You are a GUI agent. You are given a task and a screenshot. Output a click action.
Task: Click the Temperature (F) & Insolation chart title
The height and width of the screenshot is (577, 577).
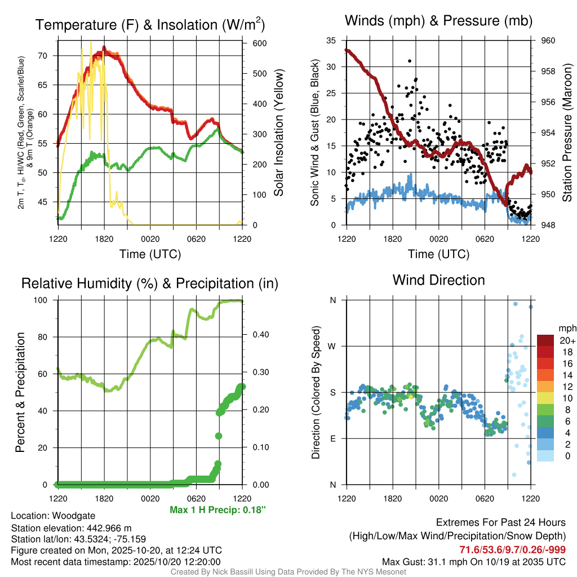click(150, 24)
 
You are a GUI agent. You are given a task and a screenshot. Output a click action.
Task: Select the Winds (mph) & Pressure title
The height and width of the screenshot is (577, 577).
click(439, 21)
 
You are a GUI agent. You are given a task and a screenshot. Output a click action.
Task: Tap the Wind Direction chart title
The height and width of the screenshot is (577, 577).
click(438, 280)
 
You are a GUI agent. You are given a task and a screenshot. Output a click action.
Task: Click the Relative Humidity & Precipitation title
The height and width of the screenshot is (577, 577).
click(150, 283)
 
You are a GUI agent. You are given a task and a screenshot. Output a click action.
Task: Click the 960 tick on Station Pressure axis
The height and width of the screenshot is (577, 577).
click(548, 41)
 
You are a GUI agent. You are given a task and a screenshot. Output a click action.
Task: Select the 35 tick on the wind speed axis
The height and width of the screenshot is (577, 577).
click(331, 41)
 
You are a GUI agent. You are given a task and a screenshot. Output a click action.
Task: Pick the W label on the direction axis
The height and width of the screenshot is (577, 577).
click(332, 346)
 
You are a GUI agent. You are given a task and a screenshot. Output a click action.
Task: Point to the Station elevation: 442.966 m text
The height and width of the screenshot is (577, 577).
click(71, 527)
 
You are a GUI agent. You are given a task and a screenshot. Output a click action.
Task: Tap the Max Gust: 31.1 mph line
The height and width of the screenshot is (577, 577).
click(474, 561)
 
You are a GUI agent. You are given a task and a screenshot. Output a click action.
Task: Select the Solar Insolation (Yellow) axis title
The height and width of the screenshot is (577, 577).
click(278, 133)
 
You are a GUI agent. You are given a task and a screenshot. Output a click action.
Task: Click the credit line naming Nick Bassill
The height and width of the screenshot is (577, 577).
click(288, 572)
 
